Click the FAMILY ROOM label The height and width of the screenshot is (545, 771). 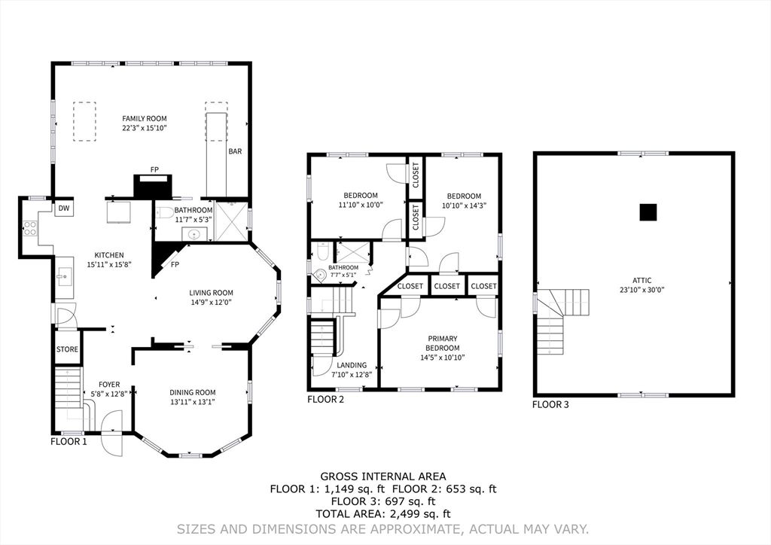[145, 118]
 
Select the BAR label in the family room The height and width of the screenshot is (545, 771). [235, 151]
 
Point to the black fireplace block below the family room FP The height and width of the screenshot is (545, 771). [154, 185]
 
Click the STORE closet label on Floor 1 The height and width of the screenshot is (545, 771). [68, 349]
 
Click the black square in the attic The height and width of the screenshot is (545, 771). [648, 213]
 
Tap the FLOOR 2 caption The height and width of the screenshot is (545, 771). [325, 400]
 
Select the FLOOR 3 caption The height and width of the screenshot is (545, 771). [551, 404]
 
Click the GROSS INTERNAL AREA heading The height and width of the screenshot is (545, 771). [383, 476]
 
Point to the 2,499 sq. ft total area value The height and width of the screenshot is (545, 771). [416, 514]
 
